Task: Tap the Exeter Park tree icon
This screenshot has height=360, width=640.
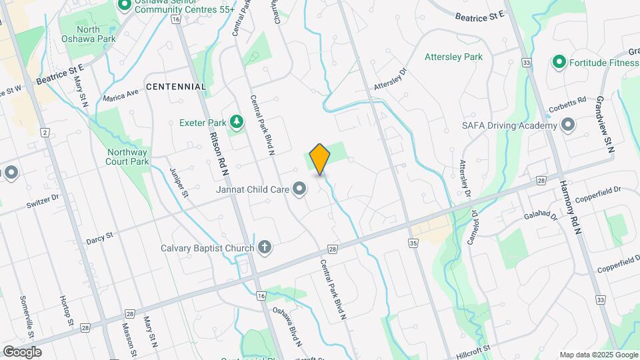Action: [x=235, y=121]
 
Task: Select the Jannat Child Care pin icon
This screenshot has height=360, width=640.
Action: [x=299, y=189]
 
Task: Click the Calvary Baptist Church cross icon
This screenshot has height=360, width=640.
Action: [x=265, y=248]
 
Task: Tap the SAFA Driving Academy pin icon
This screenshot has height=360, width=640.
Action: [x=568, y=125]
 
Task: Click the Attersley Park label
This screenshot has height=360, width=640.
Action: [x=453, y=57]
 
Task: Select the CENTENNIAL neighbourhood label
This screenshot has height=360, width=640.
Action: [x=176, y=87]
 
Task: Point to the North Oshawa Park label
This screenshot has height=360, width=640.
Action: [x=87, y=34]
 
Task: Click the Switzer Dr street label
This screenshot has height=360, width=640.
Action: [x=43, y=198]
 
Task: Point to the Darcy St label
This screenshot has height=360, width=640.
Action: [x=100, y=237]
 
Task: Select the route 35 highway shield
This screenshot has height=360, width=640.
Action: [x=413, y=244]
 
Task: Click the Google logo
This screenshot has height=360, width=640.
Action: [x=22, y=352]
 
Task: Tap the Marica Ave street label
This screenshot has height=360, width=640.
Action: [x=122, y=95]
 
